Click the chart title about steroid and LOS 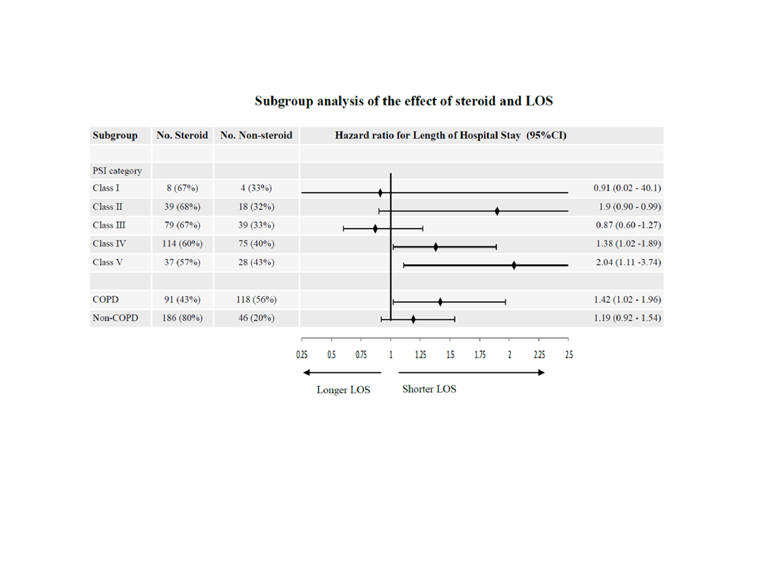pyautogui.click(x=404, y=101)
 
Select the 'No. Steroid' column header pyautogui.click(x=182, y=135)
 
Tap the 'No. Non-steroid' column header pyautogui.click(x=256, y=135)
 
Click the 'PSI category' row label pyautogui.click(x=117, y=171)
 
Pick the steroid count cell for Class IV pyautogui.click(x=182, y=244)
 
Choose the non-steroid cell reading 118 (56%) pyautogui.click(x=256, y=300)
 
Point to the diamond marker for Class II pyautogui.click(x=497, y=211)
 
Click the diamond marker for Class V pyautogui.click(x=514, y=266)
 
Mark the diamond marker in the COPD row pyautogui.click(x=440, y=302)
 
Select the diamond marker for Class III pyautogui.click(x=375, y=229)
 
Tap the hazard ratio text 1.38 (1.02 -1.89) pyautogui.click(x=628, y=244)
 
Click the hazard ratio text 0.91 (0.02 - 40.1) pyautogui.click(x=627, y=188)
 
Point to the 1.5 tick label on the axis pyautogui.click(x=450, y=355)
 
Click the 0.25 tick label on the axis pyautogui.click(x=302, y=355)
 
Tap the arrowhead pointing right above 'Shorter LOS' pyautogui.click(x=541, y=373)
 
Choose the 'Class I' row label pyautogui.click(x=106, y=188)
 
